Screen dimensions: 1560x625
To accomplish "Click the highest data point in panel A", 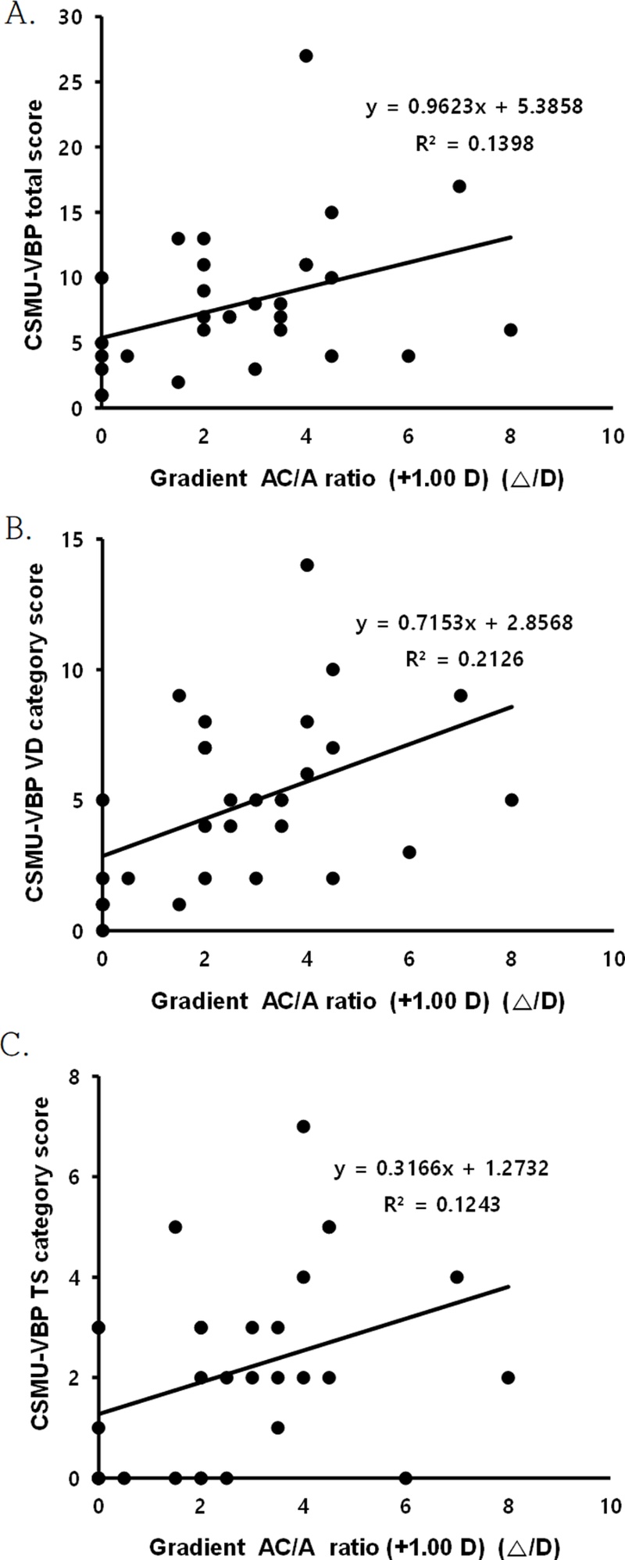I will pyautogui.click(x=306, y=55).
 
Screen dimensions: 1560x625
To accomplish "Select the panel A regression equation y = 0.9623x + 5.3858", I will pyautogui.click(x=474, y=107).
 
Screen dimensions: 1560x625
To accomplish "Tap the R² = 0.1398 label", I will pyautogui.click(x=474, y=144).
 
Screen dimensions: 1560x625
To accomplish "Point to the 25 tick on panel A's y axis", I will pyautogui.click(x=76, y=81).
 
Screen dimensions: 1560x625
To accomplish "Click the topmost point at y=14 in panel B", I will pyautogui.click(x=306, y=565).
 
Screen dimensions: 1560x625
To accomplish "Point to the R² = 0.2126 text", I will pyautogui.click(x=465, y=660).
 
